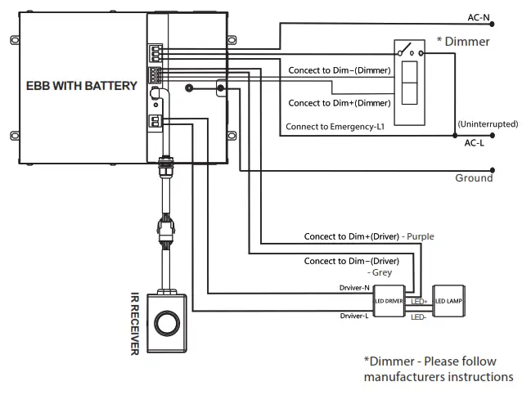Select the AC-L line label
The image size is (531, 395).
tap(476, 142)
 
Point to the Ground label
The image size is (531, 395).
tap(474, 177)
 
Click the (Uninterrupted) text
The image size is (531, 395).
tap(488, 123)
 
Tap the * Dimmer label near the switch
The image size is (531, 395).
tap(463, 41)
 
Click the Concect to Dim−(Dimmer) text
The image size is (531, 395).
tap(339, 70)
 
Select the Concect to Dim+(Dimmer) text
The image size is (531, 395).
tap(339, 103)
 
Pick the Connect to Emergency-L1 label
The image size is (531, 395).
tap(336, 127)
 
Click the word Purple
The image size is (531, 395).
tap(418, 236)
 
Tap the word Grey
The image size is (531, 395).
tap(380, 272)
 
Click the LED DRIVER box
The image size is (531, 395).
tap(389, 301)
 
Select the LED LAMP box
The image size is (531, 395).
tap(448, 301)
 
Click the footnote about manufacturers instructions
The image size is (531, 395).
tap(439, 369)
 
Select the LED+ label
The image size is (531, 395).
tap(418, 302)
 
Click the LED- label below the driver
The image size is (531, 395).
tap(418, 316)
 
